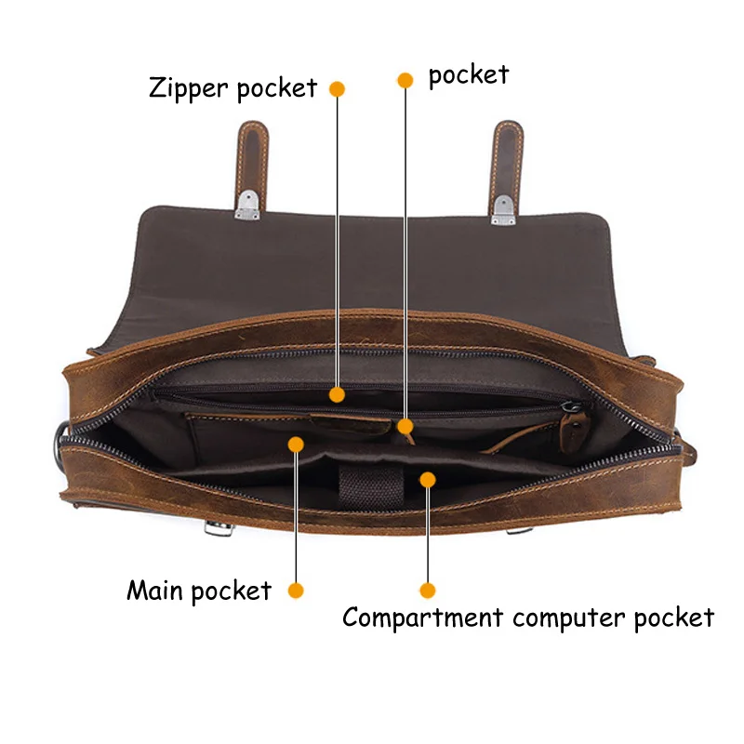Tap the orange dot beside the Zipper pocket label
[338, 89]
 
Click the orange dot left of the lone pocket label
[405, 80]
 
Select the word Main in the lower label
[158, 591]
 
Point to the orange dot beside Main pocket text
[296, 591]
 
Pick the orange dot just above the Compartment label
[427, 590]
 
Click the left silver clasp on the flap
[247, 206]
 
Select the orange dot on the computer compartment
[427, 479]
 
